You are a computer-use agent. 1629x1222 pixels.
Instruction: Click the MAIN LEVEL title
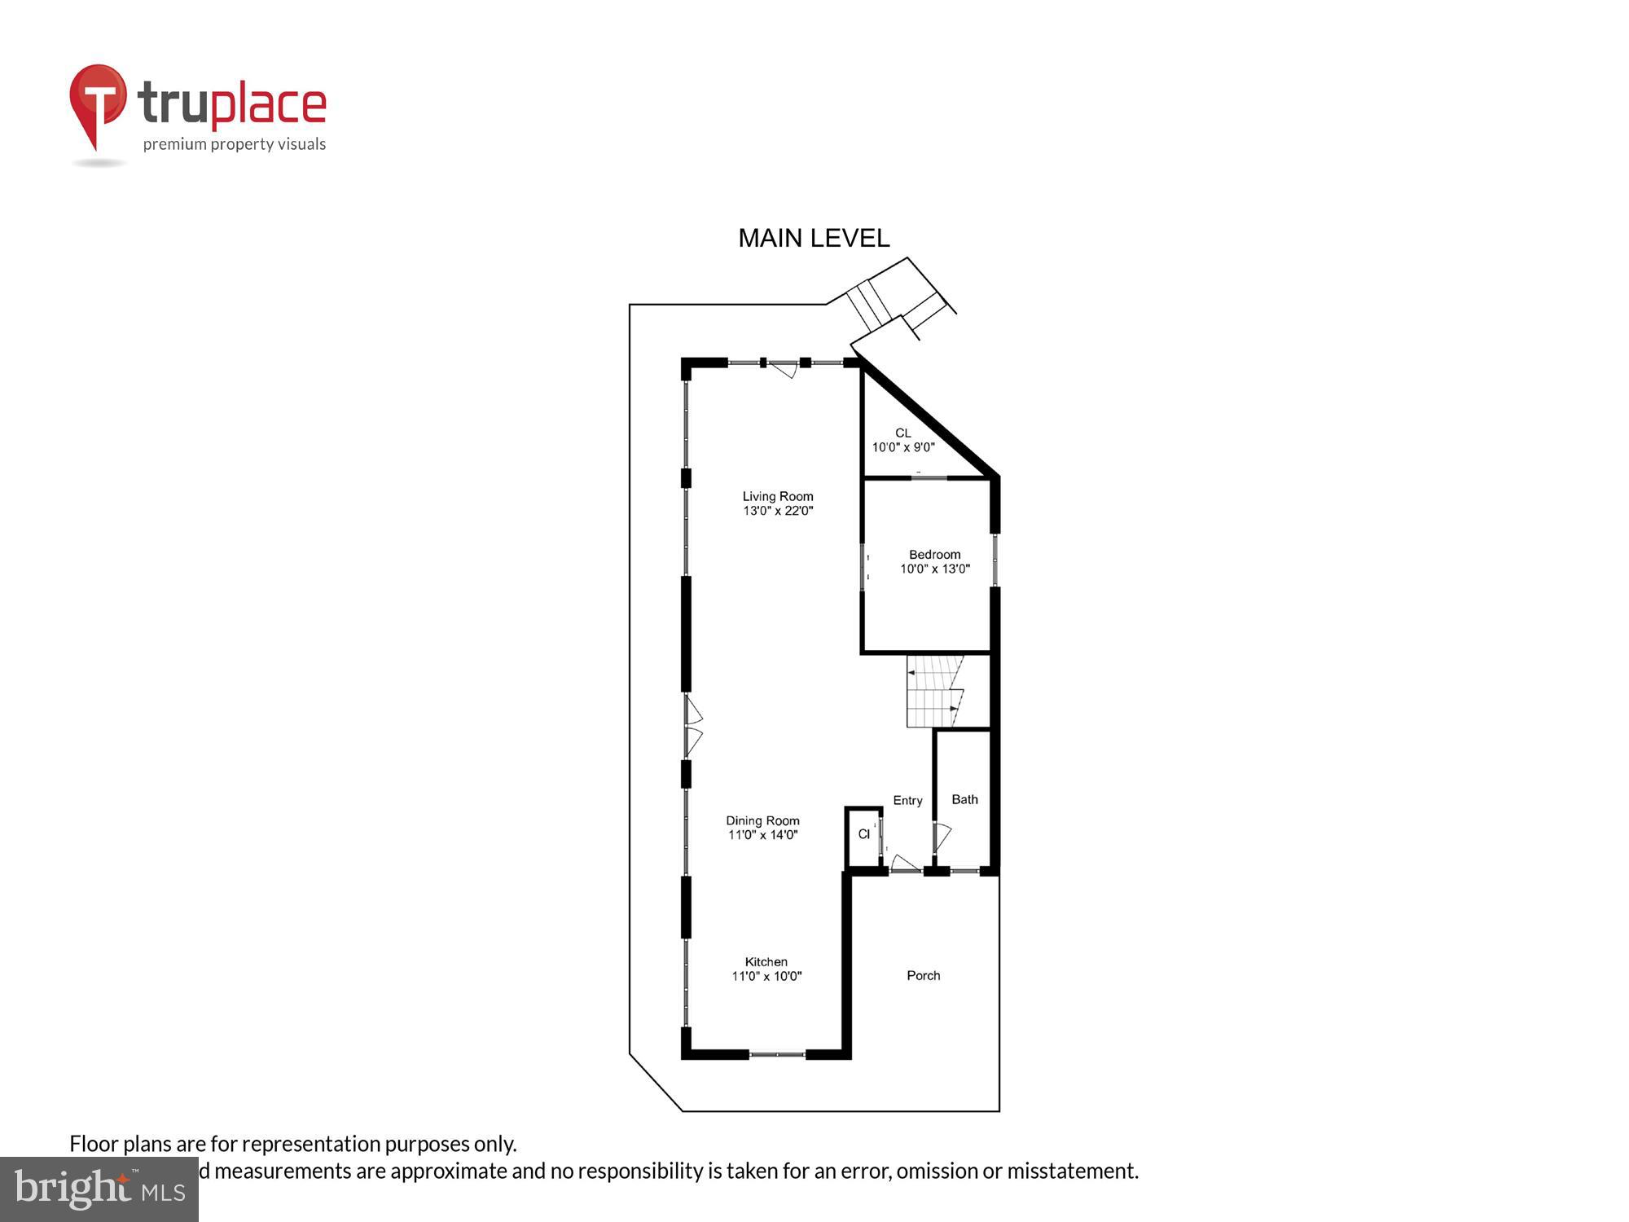(x=813, y=238)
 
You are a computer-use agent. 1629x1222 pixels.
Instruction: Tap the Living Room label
(x=777, y=496)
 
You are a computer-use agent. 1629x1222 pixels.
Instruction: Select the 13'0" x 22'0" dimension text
(x=777, y=511)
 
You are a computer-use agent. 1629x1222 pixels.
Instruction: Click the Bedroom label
(x=934, y=554)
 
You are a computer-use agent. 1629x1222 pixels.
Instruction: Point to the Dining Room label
(x=762, y=820)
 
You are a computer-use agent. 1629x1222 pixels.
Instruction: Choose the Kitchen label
(x=766, y=961)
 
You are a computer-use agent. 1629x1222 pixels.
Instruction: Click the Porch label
(x=923, y=975)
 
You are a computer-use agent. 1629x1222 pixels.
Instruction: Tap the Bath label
(x=964, y=799)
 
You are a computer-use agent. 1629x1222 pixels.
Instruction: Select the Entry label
(x=907, y=800)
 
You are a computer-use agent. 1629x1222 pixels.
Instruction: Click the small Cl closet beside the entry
(x=863, y=834)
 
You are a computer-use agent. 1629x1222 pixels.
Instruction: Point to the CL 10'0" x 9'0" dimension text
(x=902, y=446)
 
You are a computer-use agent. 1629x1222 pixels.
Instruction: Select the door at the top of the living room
(x=784, y=369)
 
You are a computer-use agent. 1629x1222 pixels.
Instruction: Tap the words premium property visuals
(x=235, y=144)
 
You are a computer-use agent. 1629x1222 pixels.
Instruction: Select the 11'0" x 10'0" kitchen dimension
(x=766, y=976)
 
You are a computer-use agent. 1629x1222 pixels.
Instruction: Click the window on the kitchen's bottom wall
(x=777, y=1054)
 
